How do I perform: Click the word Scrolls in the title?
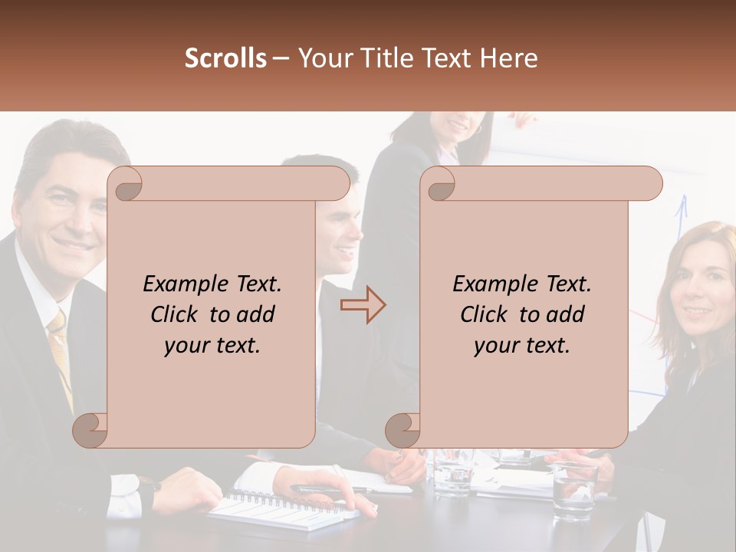pos(225,58)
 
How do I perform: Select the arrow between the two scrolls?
pos(363,305)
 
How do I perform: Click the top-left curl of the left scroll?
pos(125,183)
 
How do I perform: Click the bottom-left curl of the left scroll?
pos(90,430)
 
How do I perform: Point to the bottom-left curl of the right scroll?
pos(402,430)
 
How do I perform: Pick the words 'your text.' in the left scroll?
pos(212,346)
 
